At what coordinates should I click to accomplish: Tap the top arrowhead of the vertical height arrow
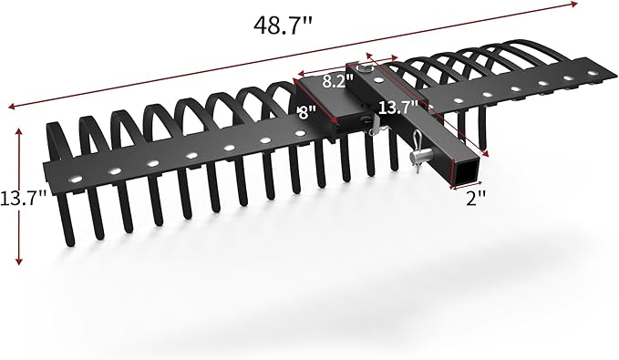click(x=18, y=129)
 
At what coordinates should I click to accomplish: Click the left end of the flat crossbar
click(x=47, y=173)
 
